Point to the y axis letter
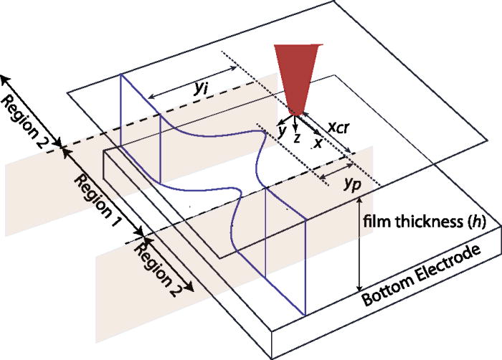(283, 129)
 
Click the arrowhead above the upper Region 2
(6, 77)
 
